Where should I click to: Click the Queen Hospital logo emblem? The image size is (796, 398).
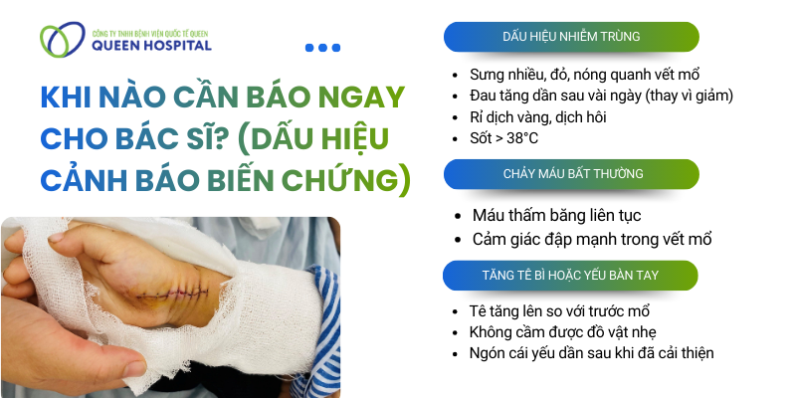tap(59, 39)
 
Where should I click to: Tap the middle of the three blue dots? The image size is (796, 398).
tap(322, 47)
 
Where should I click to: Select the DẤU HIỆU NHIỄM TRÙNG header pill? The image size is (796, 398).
tap(570, 37)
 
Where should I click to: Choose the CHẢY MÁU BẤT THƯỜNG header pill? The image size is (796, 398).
tap(570, 173)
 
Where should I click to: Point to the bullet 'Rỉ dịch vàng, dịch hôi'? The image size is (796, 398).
tap(550, 116)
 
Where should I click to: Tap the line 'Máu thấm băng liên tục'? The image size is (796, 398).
tap(556, 215)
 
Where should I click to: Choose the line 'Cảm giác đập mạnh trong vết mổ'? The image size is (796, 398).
tap(592, 239)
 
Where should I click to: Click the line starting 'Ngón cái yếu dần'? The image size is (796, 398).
tap(591, 352)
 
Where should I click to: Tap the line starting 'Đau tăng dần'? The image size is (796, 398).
tap(601, 96)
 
